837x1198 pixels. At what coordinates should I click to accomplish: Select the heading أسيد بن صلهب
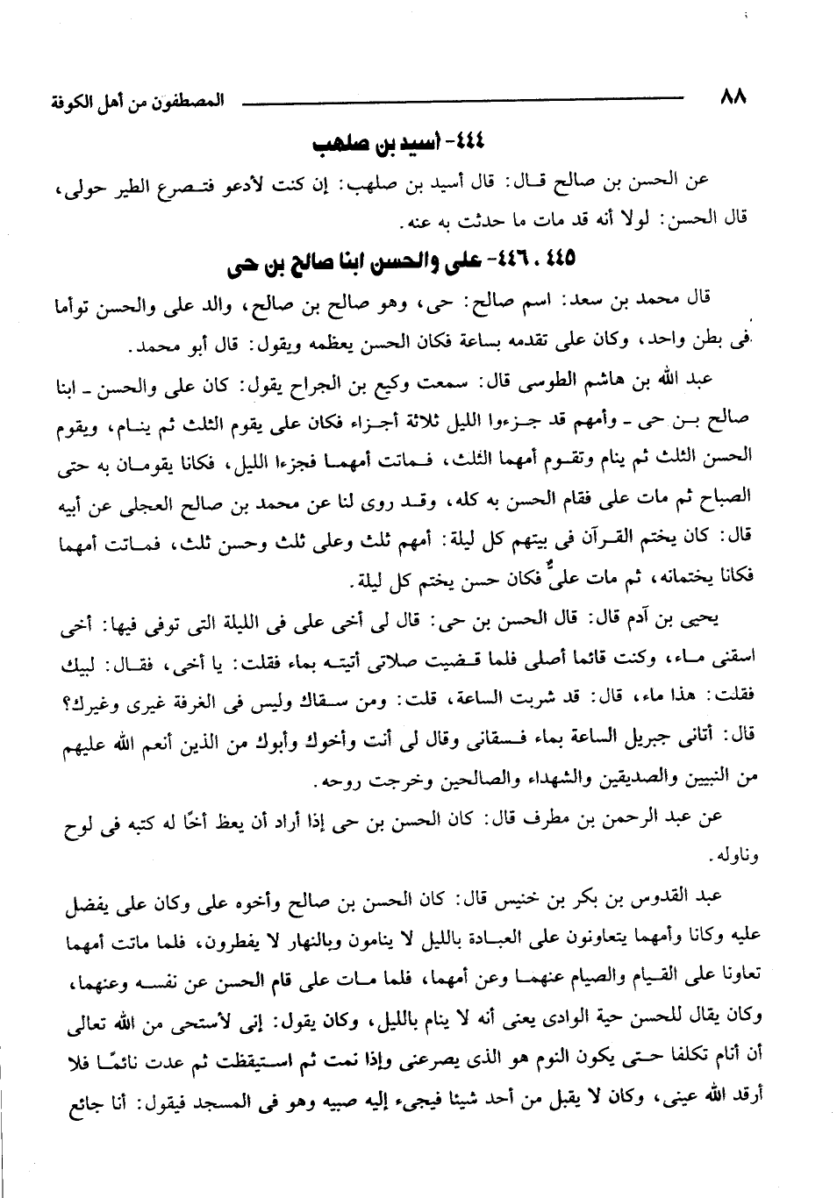[x=400, y=142]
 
